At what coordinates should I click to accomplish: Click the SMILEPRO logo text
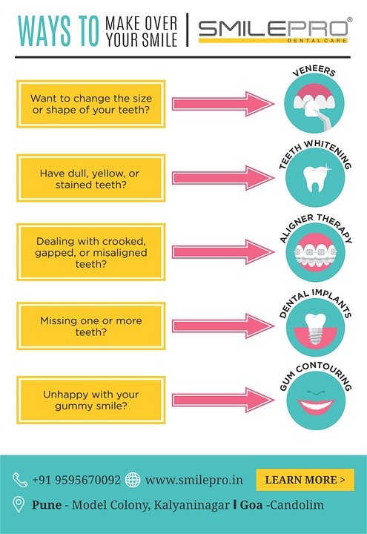pos(274,29)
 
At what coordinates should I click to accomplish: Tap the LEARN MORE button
pos(305,480)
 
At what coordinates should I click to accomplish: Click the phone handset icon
pos(20,480)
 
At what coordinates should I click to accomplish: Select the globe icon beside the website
pos(133,480)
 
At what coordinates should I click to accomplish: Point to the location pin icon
pos(19,504)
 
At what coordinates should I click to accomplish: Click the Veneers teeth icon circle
pos(314,103)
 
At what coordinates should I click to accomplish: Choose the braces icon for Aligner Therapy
pos(316,253)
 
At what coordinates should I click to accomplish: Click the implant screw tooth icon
pos(316,329)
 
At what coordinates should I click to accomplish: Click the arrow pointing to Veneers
pos(223,104)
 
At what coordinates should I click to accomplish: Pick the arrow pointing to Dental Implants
pos(223,326)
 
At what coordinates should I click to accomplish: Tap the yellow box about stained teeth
pos(91,178)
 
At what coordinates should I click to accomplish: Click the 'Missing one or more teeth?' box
pos(91,326)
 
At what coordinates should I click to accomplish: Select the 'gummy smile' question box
pos(91,400)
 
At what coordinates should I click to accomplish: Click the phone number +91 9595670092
pos(76,480)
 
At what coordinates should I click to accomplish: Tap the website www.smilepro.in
pos(194,480)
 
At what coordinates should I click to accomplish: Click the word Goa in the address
pos(251,505)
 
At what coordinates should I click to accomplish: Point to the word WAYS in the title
pos(44,30)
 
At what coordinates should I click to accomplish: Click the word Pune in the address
pos(47,505)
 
